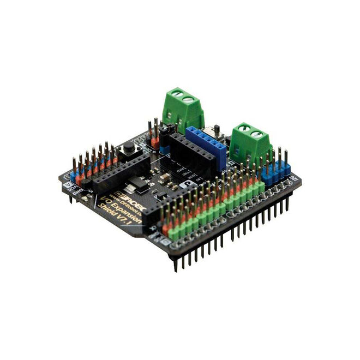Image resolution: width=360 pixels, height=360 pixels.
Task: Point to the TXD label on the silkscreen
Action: point(184,176)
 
